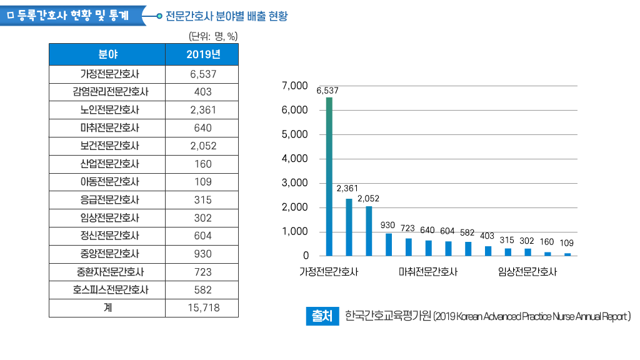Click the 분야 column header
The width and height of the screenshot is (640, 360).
pos(107,54)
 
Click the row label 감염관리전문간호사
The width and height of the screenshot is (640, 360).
pos(107,92)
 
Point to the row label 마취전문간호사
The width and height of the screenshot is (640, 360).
pos(107,128)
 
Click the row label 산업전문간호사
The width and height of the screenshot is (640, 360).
pos(107,164)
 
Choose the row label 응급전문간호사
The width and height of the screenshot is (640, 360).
pos(107,200)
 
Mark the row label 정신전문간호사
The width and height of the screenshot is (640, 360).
pos(107,236)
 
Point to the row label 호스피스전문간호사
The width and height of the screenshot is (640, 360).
pos(107,290)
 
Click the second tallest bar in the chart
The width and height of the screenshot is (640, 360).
pos(349,227)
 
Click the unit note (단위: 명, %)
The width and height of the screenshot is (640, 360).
pos(212,36)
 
